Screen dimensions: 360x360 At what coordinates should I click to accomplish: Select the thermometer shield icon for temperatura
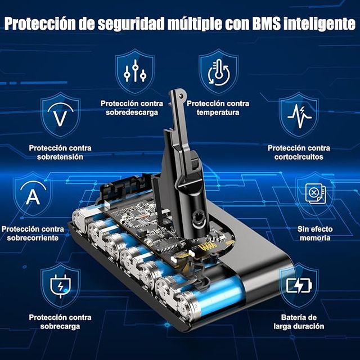pos(218,72)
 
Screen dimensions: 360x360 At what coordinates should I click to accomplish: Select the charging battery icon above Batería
pos(298,286)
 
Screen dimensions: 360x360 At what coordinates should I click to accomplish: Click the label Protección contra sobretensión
pos(60,152)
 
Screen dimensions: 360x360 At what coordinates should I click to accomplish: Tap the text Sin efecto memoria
pos(314,233)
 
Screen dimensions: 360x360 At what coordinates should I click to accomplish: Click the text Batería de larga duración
pos(299,322)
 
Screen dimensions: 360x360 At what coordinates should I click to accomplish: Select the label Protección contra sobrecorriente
pos(32,233)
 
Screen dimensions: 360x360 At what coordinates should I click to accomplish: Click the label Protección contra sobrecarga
pos(60,322)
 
